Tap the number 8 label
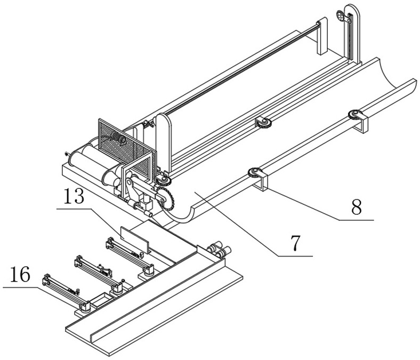[x=357, y=207]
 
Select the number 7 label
[x=295, y=243]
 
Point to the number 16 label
[x=20, y=275]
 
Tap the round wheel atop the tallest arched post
[x=340, y=15]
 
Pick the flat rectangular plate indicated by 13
[x=134, y=239]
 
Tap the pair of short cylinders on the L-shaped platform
[x=220, y=250]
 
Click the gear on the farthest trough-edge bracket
[x=354, y=115]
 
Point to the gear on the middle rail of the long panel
[x=264, y=123]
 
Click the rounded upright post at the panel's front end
[x=164, y=143]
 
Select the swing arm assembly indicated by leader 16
[x=66, y=293]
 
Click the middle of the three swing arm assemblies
[x=98, y=274]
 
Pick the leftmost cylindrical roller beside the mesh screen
[x=81, y=159]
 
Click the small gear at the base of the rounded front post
[x=164, y=180]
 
